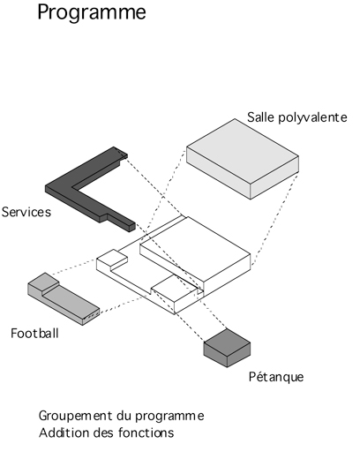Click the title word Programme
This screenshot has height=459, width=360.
(92, 12)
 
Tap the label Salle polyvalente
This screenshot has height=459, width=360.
(297, 117)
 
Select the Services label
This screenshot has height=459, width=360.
(26, 212)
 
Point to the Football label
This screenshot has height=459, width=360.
(34, 334)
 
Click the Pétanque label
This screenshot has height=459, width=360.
(276, 377)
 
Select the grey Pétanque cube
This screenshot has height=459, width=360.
(227, 349)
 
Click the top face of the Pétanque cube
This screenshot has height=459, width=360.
(227, 342)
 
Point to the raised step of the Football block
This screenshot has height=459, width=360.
(43, 282)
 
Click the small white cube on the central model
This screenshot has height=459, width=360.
(112, 258)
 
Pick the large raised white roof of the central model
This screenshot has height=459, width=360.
(195, 249)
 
